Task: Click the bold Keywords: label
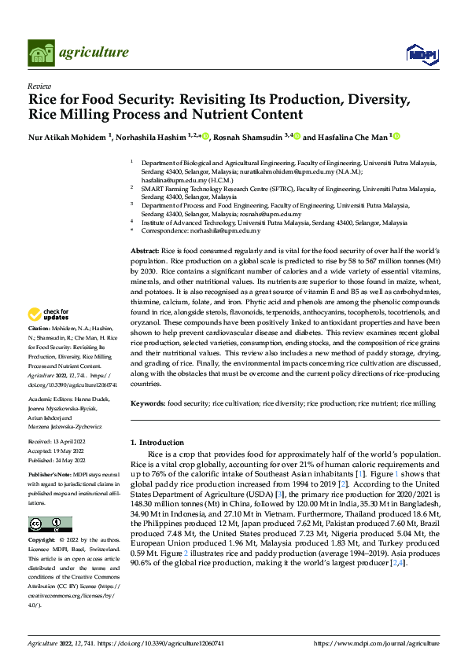tap(148, 403)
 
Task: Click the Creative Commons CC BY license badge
tap(50, 524)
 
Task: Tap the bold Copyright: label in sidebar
tap(42, 540)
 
